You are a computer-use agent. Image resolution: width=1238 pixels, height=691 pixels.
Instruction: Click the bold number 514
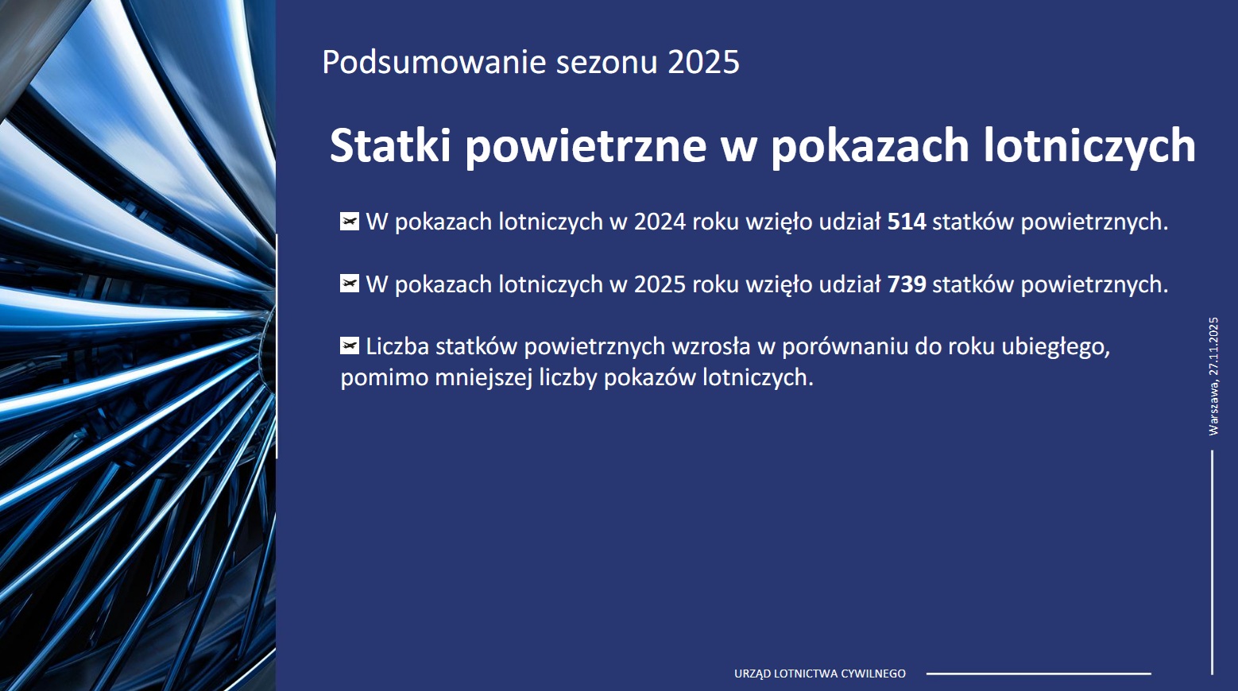(907, 222)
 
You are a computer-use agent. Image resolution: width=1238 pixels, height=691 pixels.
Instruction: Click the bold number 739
(907, 284)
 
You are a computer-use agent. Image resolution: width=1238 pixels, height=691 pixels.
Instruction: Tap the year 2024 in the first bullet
(660, 222)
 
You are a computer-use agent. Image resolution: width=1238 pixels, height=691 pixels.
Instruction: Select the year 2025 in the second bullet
(660, 284)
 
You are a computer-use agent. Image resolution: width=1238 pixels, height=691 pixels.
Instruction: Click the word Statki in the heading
(390, 145)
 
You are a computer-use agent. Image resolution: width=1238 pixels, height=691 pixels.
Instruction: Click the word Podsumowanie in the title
(435, 62)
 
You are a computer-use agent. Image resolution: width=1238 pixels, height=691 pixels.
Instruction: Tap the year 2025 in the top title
(703, 62)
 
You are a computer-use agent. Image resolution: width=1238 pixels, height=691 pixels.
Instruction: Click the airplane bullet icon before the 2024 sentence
(350, 222)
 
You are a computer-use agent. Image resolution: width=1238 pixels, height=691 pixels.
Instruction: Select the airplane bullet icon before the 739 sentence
(350, 284)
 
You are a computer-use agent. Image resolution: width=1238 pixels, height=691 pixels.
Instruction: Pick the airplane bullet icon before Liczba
(350, 346)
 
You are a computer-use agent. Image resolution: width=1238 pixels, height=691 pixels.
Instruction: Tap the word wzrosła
(711, 347)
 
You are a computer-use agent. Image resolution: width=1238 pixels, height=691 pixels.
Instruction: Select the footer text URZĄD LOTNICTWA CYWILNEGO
(820, 674)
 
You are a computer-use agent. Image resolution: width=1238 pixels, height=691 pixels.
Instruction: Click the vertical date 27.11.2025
(1213, 346)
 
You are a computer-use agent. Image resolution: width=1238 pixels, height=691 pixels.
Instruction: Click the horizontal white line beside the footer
(1039, 674)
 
